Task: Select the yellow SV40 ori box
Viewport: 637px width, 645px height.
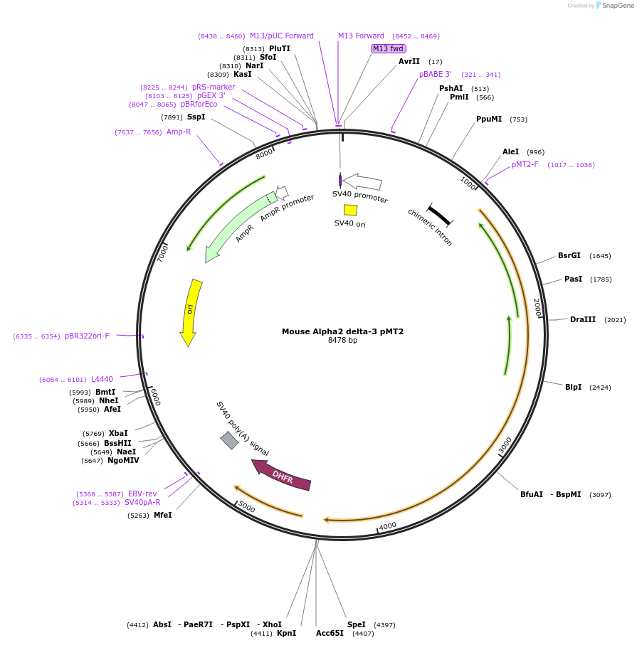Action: tap(350, 210)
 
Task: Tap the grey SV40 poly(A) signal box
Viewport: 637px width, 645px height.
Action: tap(229, 440)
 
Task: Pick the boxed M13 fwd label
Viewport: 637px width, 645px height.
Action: tap(388, 48)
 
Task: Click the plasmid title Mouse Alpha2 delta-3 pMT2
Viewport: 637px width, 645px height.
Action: tap(342, 331)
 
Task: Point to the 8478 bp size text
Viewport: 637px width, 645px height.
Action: tap(342, 341)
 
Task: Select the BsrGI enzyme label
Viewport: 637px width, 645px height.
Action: tap(569, 255)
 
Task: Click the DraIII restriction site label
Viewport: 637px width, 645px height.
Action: tap(582, 319)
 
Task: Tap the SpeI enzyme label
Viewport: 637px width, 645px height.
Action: tap(357, 624)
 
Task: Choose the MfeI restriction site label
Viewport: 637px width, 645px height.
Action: tap(162, 515)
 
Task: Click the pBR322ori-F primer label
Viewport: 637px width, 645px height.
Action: tap(87, 336)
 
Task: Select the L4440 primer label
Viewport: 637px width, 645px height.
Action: tap(102, 379)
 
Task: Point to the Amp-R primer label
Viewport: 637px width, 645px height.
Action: tap(179, 132)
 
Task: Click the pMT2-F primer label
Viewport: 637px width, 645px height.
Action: tap(525, 164)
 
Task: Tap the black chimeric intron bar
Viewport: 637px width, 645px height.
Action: tap(439, 215)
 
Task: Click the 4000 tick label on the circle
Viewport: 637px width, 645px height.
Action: tap(387, 526)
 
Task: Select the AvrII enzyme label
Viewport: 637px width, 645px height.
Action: tap(409, 61)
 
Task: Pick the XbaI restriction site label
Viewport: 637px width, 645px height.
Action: tap(118, 433)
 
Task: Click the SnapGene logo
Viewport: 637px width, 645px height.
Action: tap(611, 5)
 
